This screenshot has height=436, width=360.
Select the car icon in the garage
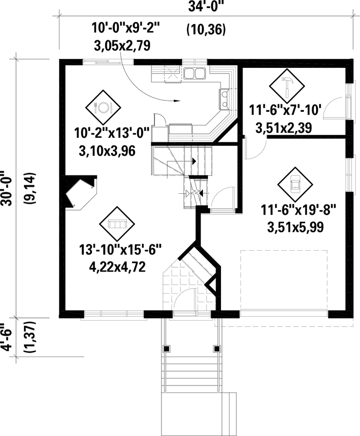pyautogui.click(x=295, y=184)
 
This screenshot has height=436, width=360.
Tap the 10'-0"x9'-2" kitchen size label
pyautogui.click(x=125, y=27)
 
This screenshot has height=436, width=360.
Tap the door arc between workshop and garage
pyautogui.click(x=258, y=148)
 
